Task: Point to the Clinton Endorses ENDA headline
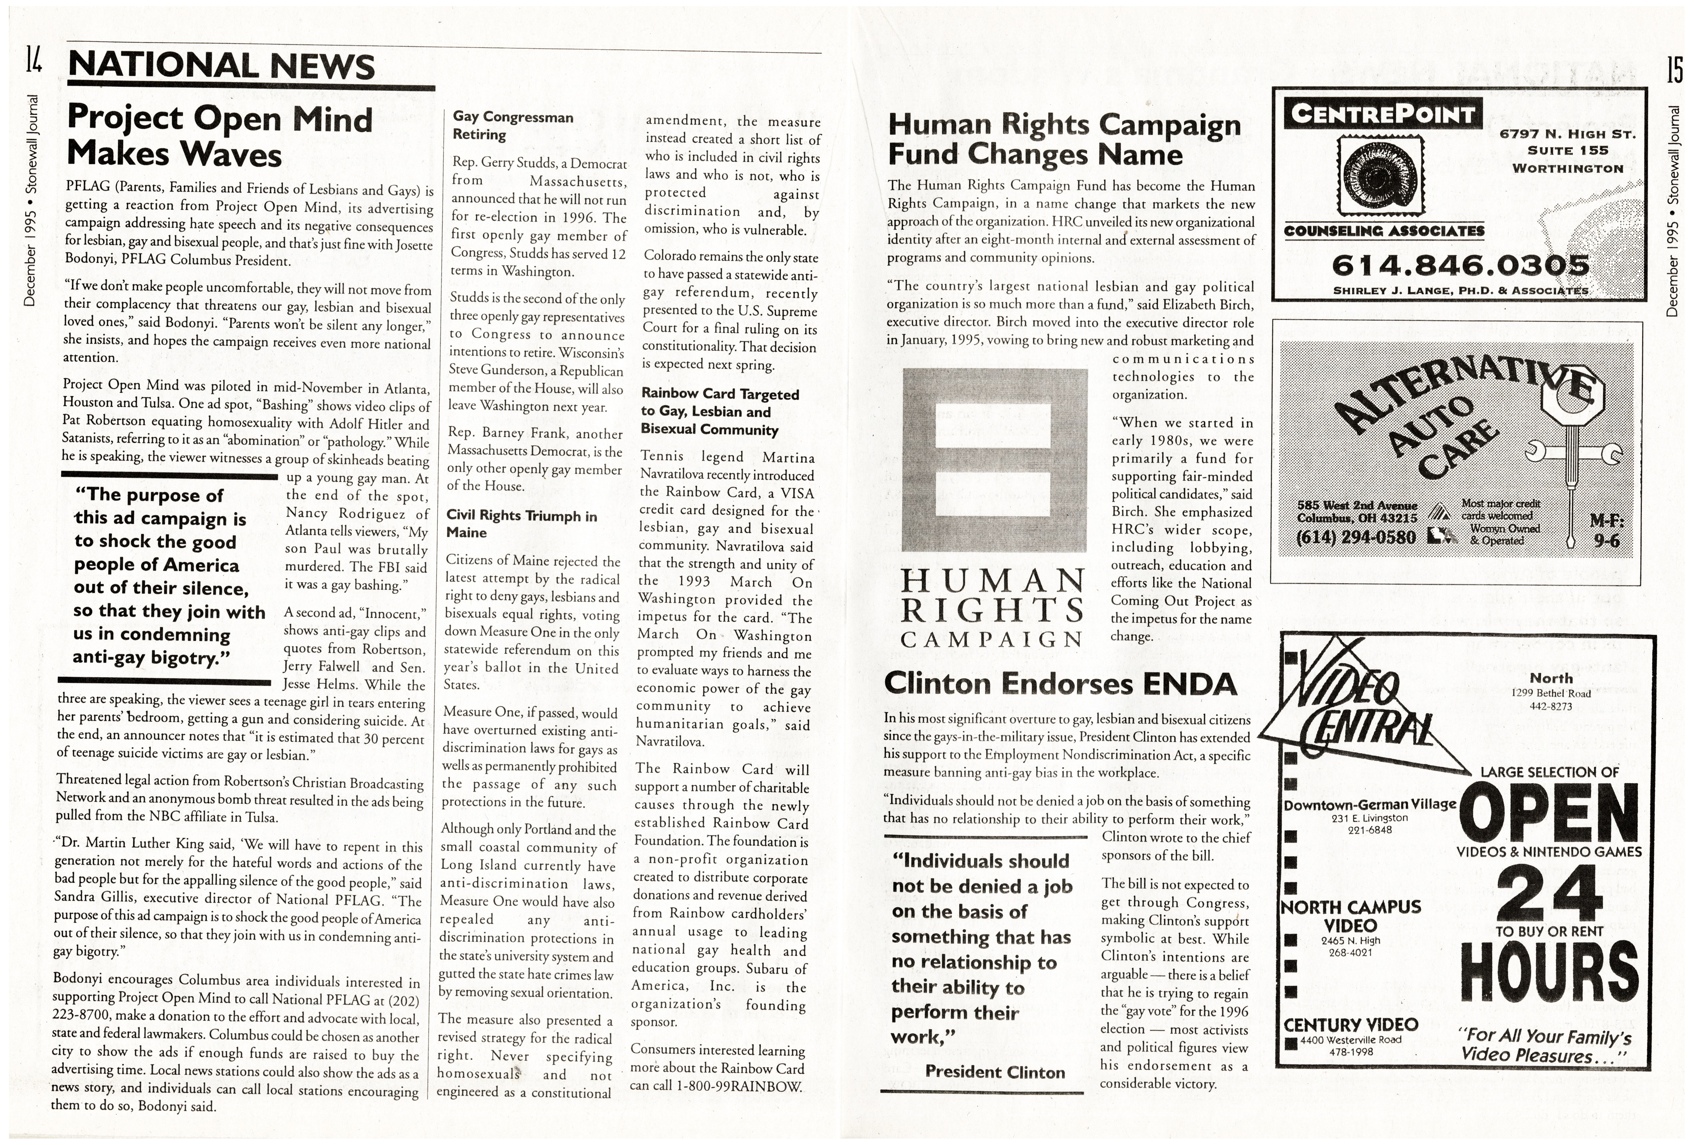point(1061,683)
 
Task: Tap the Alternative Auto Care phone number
point(1356,538)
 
